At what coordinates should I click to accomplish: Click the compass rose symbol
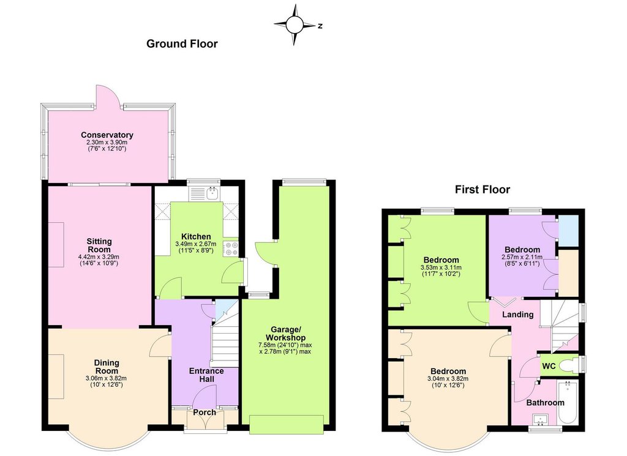295,24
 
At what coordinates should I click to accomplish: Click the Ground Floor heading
182,43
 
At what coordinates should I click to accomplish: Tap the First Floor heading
482,189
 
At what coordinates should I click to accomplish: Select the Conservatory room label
107,135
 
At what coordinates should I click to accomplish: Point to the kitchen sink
213,193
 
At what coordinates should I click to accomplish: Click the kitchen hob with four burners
231,249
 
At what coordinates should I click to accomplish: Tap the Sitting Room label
99,245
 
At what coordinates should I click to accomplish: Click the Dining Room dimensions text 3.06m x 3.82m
107,378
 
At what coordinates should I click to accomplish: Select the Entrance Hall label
206,375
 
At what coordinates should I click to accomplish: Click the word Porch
205,412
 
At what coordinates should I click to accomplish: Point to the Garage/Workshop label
285,334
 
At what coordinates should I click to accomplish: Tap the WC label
549,366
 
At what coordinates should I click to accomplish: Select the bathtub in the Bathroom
568,402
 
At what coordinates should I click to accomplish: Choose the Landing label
518,315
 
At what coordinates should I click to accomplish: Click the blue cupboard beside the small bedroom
568,231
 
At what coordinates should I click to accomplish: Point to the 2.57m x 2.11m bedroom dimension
522,257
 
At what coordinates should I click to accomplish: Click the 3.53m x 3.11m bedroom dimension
441,267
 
